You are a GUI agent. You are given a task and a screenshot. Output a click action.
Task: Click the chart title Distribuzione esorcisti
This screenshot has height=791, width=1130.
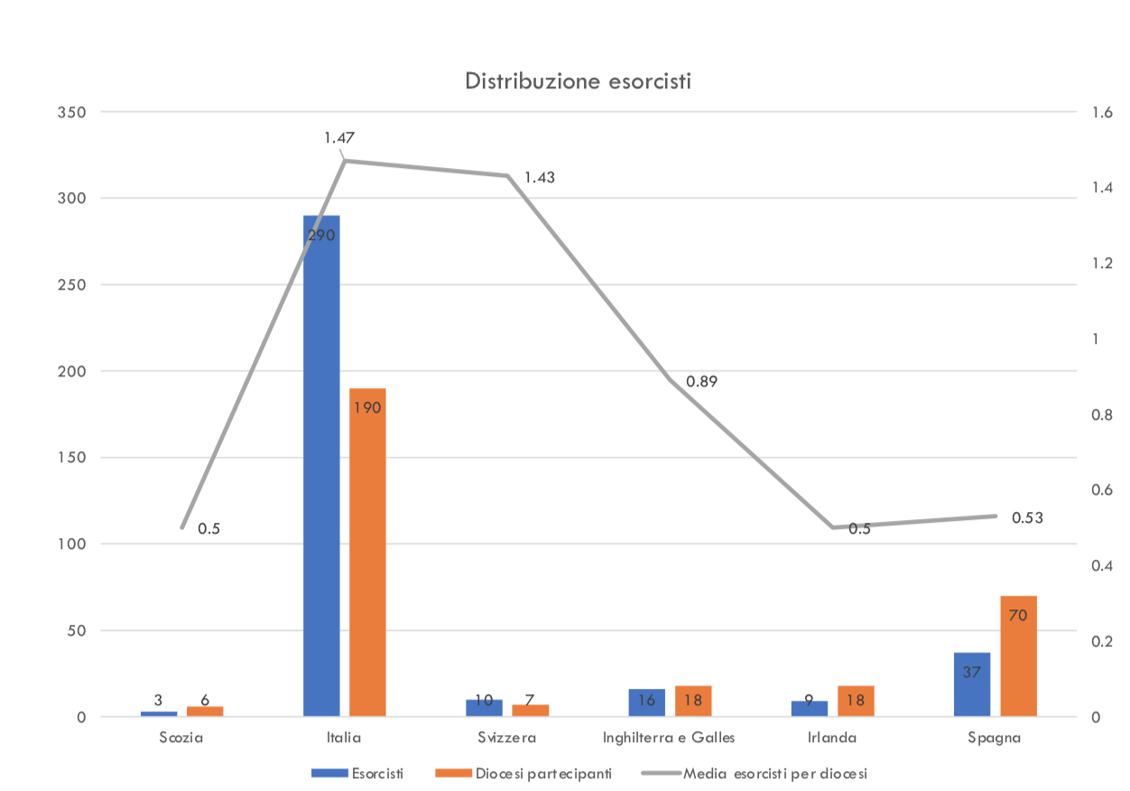tap(578, 80)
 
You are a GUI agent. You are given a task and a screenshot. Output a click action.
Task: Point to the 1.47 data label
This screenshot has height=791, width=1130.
tap(339, 138)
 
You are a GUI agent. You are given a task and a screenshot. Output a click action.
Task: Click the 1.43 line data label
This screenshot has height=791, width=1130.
tap(539, 177)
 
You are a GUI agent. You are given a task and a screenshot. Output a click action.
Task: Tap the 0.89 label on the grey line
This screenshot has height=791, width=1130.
tap(701, 381)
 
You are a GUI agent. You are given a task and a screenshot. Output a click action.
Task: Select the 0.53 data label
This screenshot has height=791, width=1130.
tap(1027, 517)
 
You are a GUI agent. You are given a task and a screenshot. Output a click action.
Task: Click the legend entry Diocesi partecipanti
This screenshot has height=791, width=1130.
tap(523, 773)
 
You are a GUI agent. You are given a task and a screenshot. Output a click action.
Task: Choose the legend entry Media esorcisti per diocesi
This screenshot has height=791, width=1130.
tap(775, 773)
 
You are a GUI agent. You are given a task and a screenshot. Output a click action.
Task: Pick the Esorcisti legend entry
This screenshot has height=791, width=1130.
tap(377, 773)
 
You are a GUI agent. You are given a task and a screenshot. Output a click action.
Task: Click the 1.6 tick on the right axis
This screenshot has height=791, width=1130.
tap(1100, 112)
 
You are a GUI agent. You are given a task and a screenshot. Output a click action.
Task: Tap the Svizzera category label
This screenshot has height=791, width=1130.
tap(507, 738)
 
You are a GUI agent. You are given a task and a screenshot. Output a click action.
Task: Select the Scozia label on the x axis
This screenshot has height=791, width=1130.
tap(181, 738)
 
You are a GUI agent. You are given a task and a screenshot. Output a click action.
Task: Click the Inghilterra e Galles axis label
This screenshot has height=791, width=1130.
tap(669, 738)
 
